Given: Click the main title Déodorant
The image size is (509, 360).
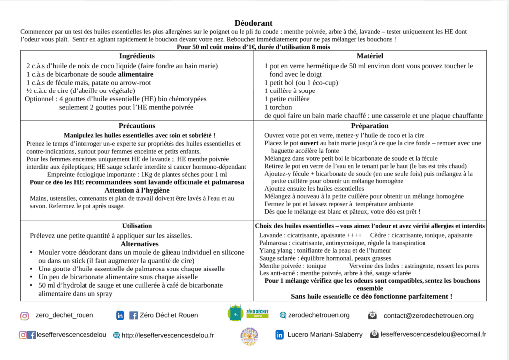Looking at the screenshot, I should coord(254,23).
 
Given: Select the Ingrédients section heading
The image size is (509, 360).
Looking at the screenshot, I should coord(137,56).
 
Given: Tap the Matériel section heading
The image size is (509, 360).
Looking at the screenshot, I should coord(370,56).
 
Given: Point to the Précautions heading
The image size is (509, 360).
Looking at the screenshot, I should coord(137,126).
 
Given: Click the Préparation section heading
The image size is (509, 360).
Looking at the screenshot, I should coord(370,126).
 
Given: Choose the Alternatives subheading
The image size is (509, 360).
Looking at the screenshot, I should coord(139,244).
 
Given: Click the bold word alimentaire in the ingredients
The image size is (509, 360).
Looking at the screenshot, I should coord(132,74).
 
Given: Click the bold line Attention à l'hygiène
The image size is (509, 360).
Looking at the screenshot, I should coord(137,190).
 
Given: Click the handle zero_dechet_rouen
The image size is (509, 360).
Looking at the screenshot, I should coord(64,315).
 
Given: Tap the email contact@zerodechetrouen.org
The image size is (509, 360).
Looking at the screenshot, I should coord(428,316).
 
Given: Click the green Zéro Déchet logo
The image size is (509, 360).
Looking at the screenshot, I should coord(248,313).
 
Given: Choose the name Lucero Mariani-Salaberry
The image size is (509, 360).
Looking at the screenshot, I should coord(325,335).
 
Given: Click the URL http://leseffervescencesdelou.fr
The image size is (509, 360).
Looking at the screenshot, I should coord(168,335).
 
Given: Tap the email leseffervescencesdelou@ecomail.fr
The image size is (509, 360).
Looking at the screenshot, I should coord(433,335).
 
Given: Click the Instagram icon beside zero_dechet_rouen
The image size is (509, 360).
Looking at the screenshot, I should coord(24,316).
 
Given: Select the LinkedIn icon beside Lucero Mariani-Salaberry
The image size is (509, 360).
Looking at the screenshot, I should coord(280,335).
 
